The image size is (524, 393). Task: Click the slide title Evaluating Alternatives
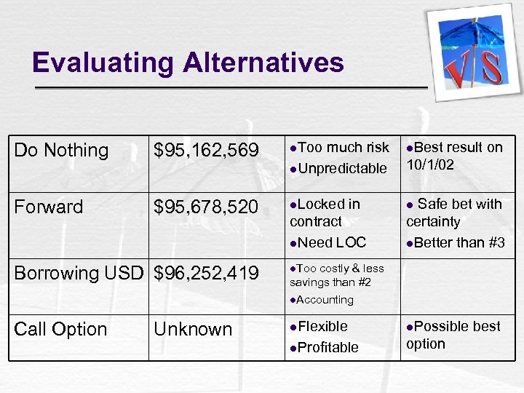pos(188,63)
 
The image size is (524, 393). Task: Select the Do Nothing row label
pos(61,151)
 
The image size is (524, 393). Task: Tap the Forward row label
pos(49,207)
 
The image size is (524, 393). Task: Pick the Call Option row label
pos(60,330)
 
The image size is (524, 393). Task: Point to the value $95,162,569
pos(206,151)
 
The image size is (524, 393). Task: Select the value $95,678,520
pos(206,207)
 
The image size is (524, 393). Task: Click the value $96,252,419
pos(206,274)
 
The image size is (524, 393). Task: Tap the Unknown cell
pos(193,330)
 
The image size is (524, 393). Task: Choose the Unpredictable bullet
pos(342,169)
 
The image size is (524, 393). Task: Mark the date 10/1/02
pos(430,165)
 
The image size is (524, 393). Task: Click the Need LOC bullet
pos(332,242)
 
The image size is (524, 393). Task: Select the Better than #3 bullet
pos(459,242)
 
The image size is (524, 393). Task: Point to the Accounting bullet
pos(325,300)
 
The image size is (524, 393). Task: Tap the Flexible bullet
pos(322,327)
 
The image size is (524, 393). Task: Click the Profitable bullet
pos(327,348)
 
